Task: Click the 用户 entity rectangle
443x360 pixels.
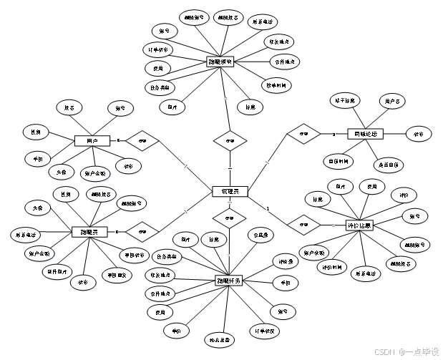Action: point(92,141)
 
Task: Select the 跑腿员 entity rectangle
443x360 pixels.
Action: point(90,231)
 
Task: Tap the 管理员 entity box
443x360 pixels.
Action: point(230,191)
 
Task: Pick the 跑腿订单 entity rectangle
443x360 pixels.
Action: point(221,62)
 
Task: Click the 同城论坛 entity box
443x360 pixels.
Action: point(365,134)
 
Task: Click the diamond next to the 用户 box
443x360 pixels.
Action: point(142,141)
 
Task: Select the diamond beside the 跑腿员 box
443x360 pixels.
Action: point(142,231)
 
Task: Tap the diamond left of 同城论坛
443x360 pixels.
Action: point(304,134)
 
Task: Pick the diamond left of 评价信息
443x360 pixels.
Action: point(304,225)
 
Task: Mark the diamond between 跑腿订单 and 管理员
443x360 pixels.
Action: point(230,141)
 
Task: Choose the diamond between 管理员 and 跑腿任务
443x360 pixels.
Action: point(229,218)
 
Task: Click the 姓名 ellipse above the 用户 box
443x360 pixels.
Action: point(69,108)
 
